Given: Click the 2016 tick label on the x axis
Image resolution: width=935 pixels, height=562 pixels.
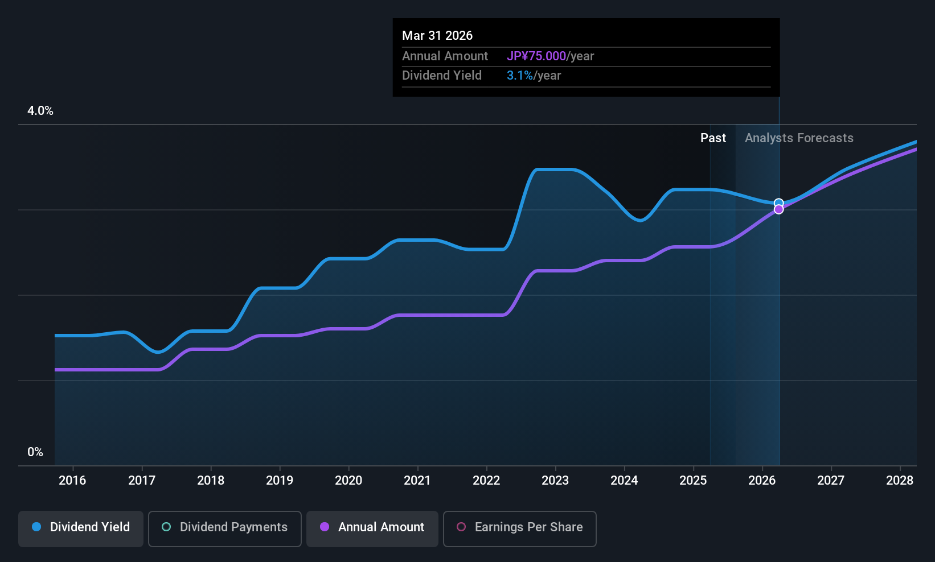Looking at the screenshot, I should pos(72,480).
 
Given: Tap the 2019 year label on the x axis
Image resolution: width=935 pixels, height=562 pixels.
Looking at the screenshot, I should pos(280,480).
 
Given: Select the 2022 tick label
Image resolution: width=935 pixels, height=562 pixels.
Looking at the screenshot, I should pos(486,480).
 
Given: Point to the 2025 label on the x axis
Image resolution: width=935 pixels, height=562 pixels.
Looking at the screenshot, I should pos(693,480).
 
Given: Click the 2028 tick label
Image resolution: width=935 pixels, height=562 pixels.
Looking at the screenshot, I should pos(900,480).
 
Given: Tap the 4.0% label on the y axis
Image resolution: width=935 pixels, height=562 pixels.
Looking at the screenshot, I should pos(40,111).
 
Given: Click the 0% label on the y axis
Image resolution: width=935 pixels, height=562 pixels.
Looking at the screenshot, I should pos(35,452).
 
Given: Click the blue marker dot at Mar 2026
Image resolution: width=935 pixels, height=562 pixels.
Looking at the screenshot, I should pos(778,203).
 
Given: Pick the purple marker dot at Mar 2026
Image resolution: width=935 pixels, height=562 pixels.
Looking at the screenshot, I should pos(778,210).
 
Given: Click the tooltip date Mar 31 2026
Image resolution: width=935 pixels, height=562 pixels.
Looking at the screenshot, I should pos(437,35).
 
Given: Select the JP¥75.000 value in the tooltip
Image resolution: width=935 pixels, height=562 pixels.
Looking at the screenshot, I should pos(536,56).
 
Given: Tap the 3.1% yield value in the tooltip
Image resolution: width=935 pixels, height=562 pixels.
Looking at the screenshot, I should pos(520,76).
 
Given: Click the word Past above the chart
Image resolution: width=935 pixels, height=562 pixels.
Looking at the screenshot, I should pos(713,138).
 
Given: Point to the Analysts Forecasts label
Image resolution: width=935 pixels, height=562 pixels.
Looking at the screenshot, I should pos(799,138).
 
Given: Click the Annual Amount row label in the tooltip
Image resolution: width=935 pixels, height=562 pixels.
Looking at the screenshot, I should pos(445,56).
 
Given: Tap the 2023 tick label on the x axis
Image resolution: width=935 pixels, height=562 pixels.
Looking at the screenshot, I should pos(555,480).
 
